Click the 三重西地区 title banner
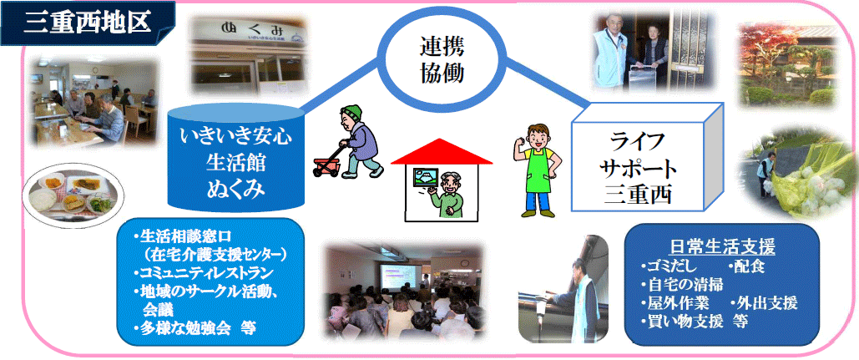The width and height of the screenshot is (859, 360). coord(88,23)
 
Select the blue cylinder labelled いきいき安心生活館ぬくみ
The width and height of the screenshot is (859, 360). coord(235,157)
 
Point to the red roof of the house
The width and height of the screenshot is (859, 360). coord(442,151)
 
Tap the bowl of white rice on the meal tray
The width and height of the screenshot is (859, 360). coord(43,198)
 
